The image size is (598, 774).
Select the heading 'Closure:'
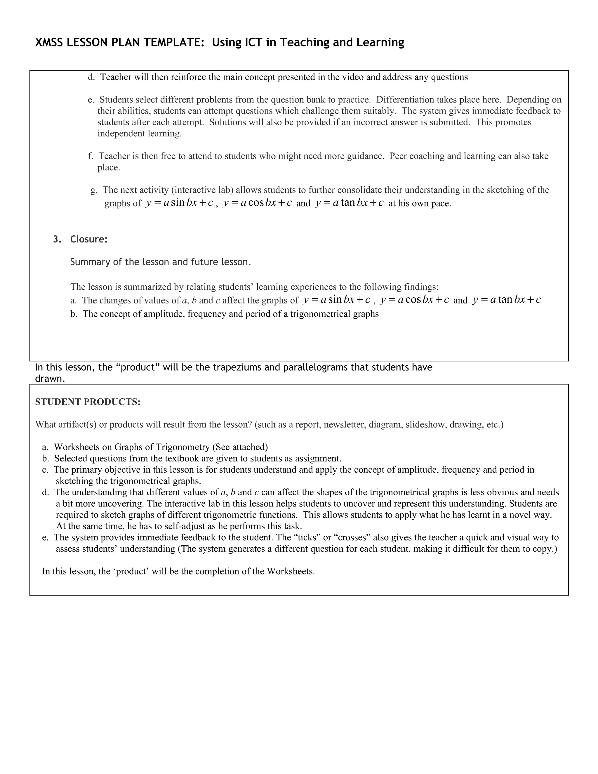click(88, 239)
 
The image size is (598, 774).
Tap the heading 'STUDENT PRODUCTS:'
click(88, 402)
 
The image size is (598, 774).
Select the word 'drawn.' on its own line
click(50, 379)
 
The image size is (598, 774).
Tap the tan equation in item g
click(349, 203)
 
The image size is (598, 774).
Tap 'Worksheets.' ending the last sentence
click(291, 571)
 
